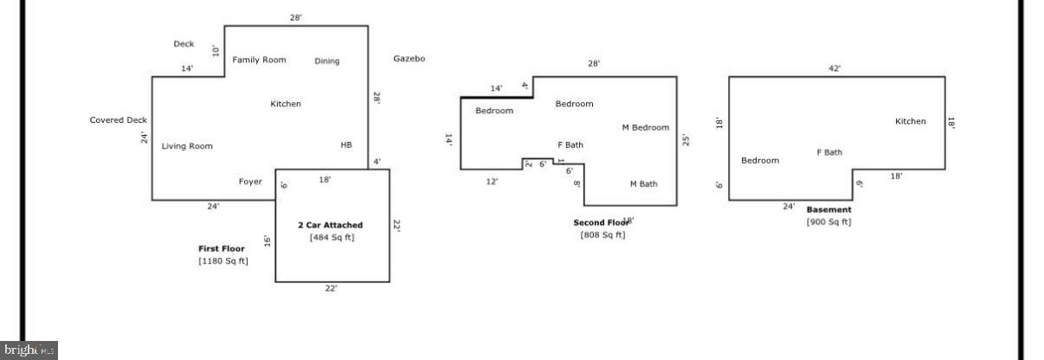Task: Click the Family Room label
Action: coord(259,60)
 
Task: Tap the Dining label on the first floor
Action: coord(327,61)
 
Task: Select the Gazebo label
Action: coord(409,59)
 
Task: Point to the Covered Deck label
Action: coord(119,120)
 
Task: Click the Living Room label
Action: coord(187,146)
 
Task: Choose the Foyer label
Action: coord(250,182)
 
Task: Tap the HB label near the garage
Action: coord(346,145)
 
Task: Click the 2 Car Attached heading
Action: coord(331,225)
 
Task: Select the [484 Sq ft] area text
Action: coord(332,237)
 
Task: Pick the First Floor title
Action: coord(222,248)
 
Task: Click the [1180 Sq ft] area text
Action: coord(223,260)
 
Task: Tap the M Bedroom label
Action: coord(646,128)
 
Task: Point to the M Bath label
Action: coord(643,183)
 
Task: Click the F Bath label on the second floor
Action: coord(570,145)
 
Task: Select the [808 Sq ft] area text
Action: coord(603,235)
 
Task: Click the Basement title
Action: coord(829,209)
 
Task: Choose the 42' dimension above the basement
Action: coord(835,68)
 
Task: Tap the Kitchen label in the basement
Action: coord(911,121)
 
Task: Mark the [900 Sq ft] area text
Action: coord(829,222)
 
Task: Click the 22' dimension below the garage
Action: coord(331,289)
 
